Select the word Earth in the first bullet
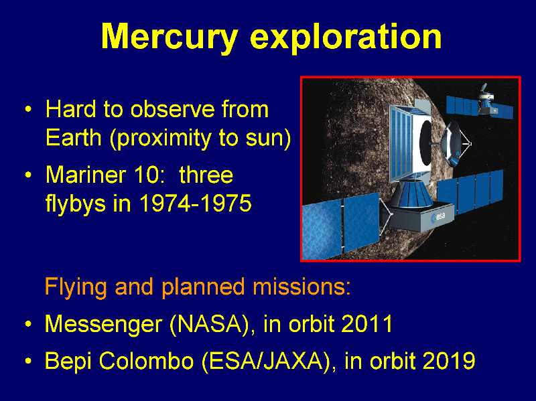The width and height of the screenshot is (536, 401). (74, 138)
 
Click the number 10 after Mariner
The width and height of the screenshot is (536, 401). (146, 175)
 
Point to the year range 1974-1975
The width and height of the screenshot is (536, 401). (195, 204)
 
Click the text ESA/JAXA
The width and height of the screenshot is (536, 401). (266, 361)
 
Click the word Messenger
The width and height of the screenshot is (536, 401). (104, 325)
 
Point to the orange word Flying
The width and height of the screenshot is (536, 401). (76, 288)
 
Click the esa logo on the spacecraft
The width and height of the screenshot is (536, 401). (438, 217)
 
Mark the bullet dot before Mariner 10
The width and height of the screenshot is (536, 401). (28, 175)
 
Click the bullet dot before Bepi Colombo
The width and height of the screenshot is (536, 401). (28, 361)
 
